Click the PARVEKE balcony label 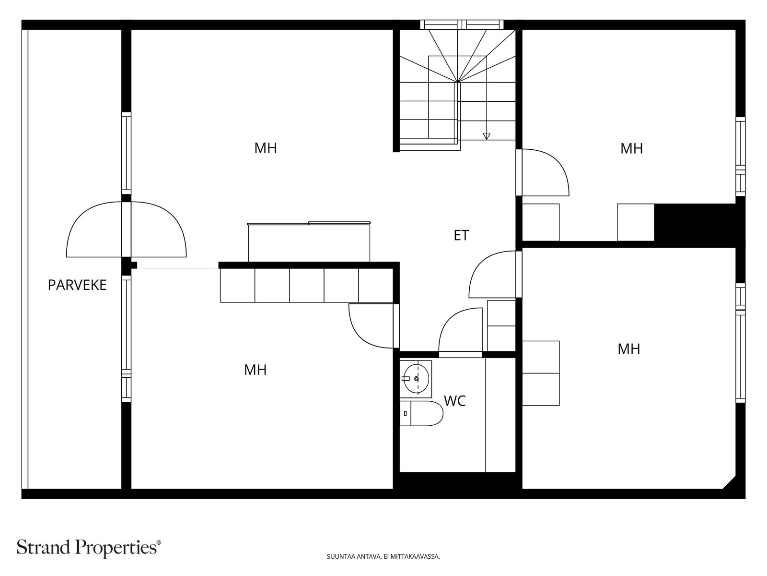pos(77,285)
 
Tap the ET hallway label pos(461,235)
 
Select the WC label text pos(454,401)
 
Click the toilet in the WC pos(421,413)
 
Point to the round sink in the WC pos(416,378)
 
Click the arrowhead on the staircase pos(487,136)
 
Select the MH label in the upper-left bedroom pos(266,148)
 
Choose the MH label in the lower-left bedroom pos(256,370)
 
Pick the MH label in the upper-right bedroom pos(631,149)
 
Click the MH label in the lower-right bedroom pos(629,348)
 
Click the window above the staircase pos(462,24)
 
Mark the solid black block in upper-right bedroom pos(695,222)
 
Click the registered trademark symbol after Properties pos(159,542)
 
